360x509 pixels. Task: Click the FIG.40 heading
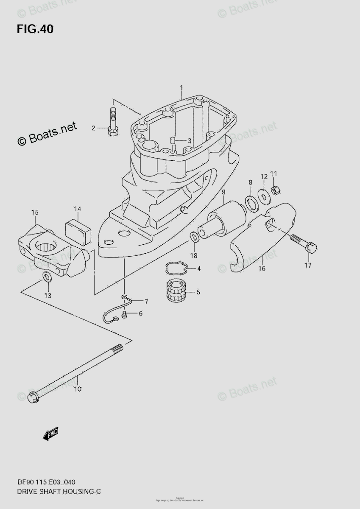[x=35, y=29]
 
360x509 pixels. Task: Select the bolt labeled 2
[x=113, y=121]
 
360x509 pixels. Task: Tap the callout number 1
[x=181, y=88]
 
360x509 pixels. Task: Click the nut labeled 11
[x=275, y=190]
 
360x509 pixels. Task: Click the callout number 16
[x=262, y=268]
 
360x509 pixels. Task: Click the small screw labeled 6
[x=123, y=314]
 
